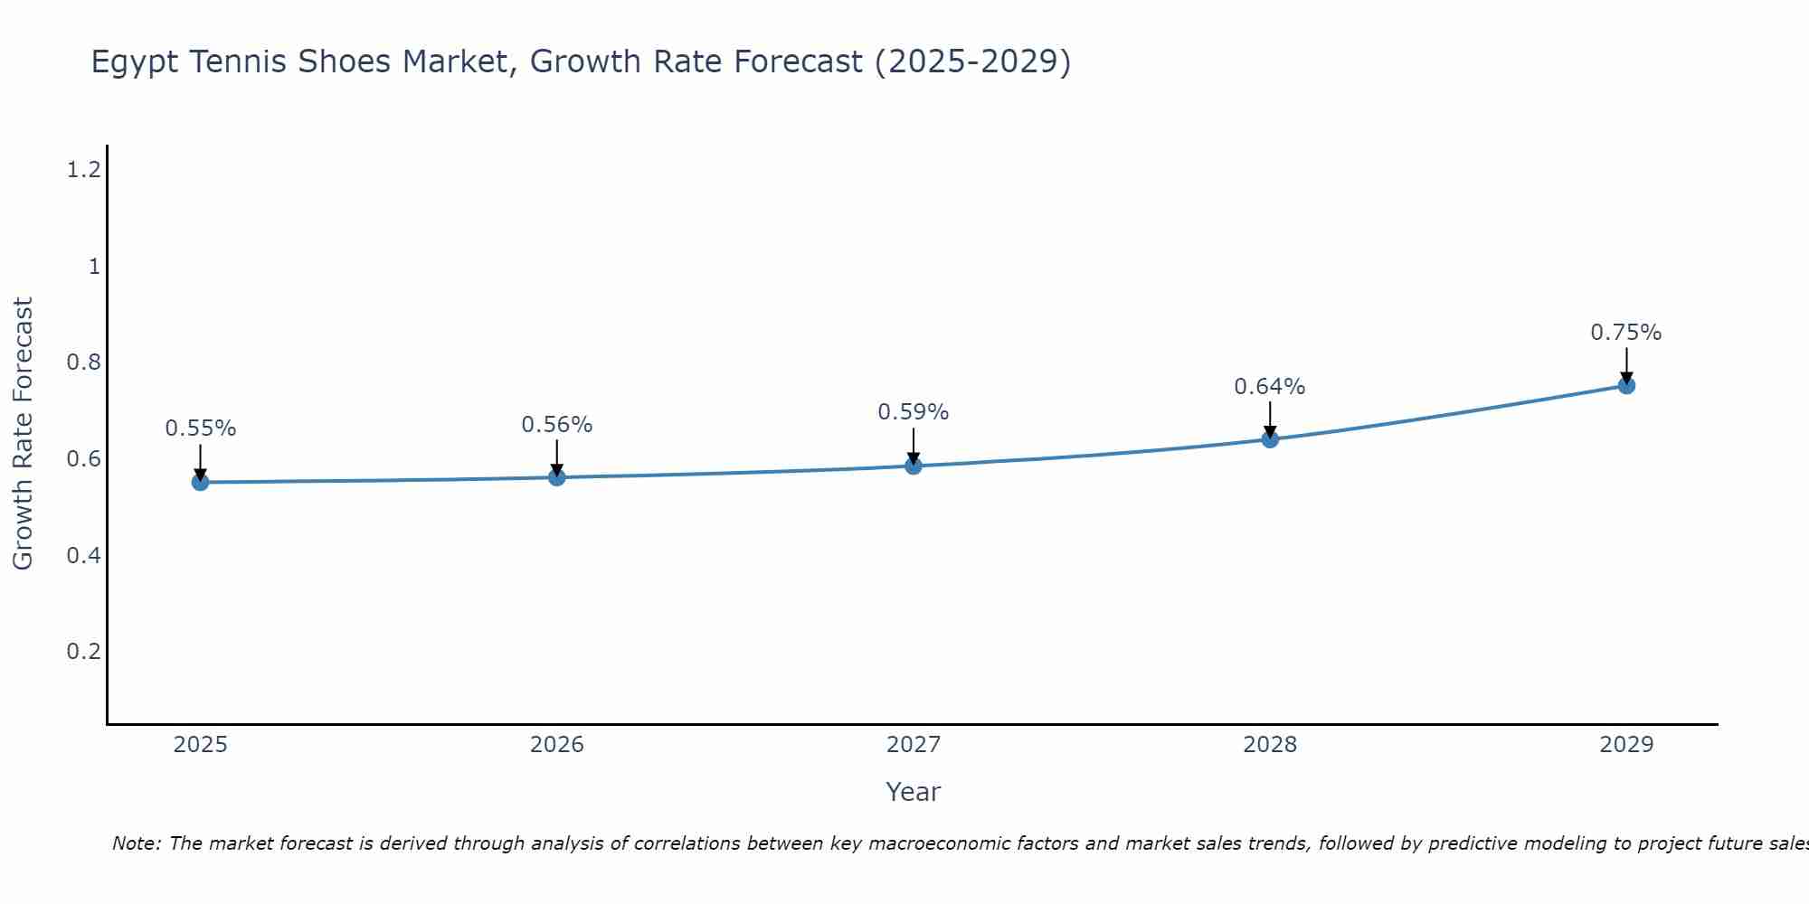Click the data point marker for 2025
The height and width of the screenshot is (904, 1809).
pos(201,483)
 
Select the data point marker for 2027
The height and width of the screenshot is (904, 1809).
pos(914,466)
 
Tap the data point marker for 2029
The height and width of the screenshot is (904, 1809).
pos(1626,386)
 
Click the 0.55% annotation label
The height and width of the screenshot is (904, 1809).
pos(201,428)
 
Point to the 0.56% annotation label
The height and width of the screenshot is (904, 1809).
pos(557,425)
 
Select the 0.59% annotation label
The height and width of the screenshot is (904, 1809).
pos(914,412)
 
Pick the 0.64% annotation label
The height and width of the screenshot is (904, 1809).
pos(1270,387)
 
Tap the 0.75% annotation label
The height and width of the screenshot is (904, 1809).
pos(1626,333)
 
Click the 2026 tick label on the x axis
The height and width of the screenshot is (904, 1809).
pos(557,745)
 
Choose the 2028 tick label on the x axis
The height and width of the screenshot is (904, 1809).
pos(1270,745)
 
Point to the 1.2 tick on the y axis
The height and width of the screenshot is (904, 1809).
pos(83,169)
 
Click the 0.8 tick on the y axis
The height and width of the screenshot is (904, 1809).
pos(83,363)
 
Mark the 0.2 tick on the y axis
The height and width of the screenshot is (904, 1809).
pos(83,652)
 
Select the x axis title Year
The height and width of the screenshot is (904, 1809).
pos(914,792)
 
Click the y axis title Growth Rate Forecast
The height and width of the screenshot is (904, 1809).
pos(24,434)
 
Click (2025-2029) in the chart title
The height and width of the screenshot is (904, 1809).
pos(973,62)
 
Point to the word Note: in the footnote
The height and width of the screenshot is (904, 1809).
pos(137,843)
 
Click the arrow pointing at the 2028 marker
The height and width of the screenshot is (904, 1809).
pos(1270,418)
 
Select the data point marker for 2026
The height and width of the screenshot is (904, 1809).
pos(557,477)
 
